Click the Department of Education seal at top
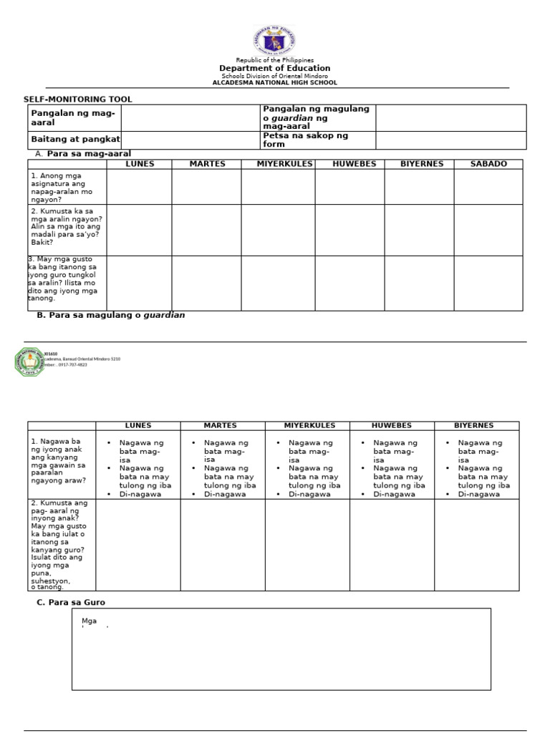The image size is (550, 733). [274, 41]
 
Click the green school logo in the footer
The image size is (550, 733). [29, 361]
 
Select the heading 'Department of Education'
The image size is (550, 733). [274, 68]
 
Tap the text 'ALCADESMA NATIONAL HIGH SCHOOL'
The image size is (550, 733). [274, 83]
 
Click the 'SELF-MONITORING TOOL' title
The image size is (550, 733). [78, 99]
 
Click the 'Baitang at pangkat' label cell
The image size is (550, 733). [75, 140]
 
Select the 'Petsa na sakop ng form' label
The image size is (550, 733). [306, 140]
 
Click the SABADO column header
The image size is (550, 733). [488, 164]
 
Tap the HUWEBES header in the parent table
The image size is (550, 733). [391, 426]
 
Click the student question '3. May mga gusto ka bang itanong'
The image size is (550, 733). [62, 278]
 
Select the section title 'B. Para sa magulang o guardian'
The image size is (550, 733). [110, 315]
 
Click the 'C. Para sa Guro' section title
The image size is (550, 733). [71, 603]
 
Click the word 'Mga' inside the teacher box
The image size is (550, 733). [90, 621]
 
